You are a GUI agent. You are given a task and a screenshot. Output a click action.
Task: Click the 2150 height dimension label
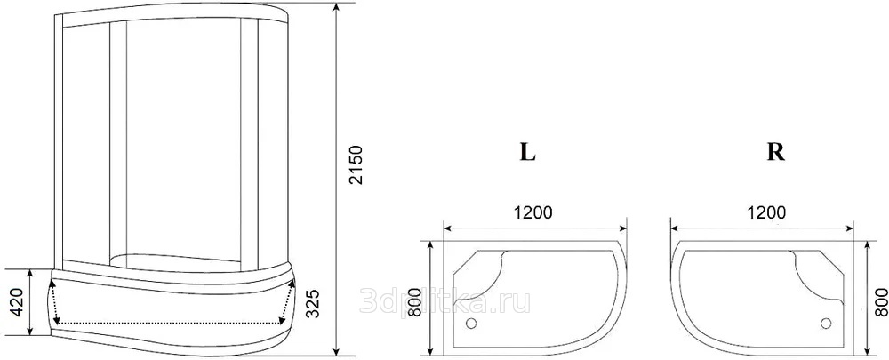(356, 165)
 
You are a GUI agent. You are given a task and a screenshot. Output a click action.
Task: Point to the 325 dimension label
(313, 303)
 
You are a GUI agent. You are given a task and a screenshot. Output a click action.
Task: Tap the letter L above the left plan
(528, 152)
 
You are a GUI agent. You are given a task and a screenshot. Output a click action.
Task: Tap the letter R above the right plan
(775, 152)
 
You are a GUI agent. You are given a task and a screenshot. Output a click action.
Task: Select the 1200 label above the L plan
(533, 212)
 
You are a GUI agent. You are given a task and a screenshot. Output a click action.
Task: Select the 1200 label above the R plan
(766, 212)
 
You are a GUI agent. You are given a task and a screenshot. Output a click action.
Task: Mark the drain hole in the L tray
(470, 324)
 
